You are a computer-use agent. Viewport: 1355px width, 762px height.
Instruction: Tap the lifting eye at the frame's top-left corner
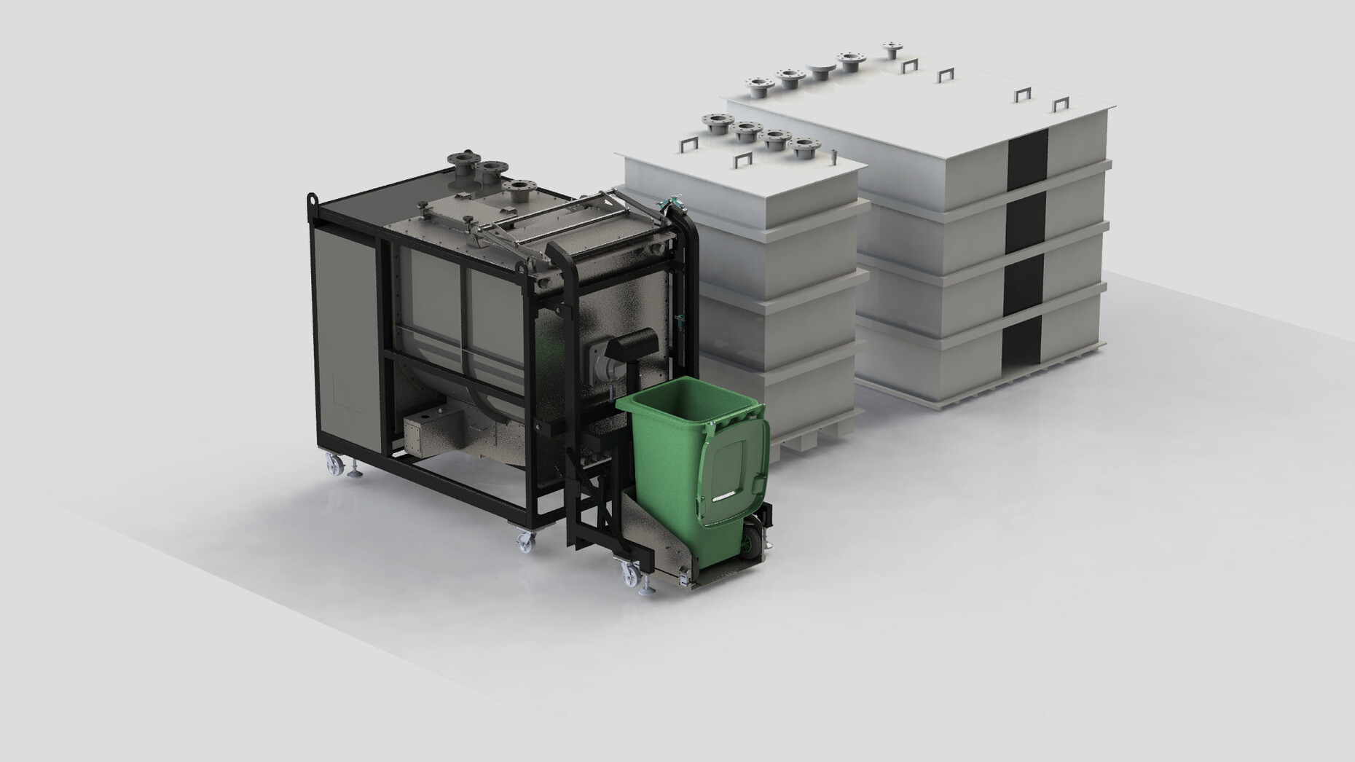313,198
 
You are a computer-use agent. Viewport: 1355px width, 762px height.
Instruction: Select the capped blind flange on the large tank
820,71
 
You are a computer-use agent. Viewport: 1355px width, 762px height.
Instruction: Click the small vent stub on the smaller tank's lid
831,155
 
